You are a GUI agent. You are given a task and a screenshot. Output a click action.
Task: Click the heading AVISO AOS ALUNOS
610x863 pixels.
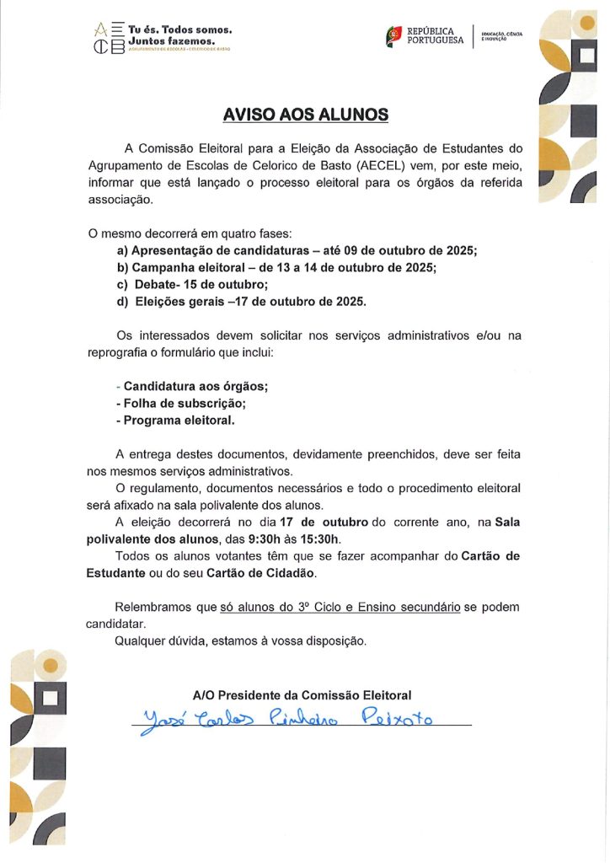(305, 114)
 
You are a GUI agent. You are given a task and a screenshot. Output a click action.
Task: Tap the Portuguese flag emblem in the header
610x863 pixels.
(393, 35)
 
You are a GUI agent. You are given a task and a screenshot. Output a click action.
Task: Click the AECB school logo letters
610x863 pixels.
(110, 39)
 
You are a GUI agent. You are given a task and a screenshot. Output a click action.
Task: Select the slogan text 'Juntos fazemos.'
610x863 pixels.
(173, 40)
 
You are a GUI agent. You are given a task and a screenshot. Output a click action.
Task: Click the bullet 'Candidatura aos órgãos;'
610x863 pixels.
(195, 386)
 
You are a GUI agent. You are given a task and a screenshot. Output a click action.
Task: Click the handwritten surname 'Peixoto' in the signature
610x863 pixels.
(396, 717)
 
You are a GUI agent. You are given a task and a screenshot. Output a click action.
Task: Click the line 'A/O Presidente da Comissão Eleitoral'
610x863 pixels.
(302, 695)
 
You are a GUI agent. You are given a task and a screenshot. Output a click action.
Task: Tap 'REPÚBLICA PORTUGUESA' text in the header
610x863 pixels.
(435, 35)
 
